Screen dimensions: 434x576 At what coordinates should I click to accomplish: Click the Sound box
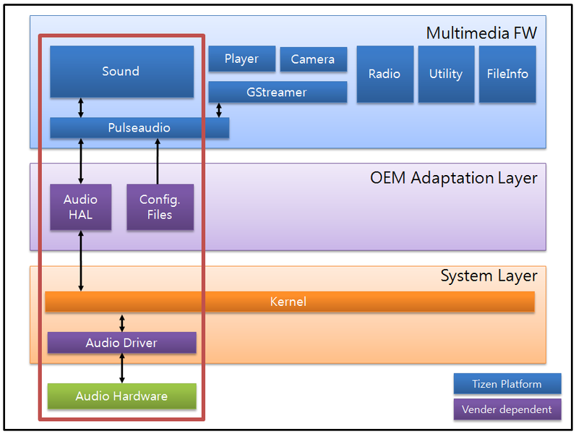121,72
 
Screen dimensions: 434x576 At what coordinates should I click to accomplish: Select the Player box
241,59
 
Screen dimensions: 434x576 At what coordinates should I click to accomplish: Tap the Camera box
313,59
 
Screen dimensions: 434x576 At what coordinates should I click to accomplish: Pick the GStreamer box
278,92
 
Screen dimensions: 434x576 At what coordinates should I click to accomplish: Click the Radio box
384,74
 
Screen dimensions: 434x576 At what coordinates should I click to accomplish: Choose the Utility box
446,74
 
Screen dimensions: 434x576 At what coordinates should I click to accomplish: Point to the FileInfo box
507,74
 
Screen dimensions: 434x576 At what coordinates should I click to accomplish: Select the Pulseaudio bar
139,128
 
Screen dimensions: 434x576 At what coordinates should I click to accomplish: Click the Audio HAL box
80,207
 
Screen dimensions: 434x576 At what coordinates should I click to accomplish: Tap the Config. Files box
160,207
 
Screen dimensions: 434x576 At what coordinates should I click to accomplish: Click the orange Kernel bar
289,302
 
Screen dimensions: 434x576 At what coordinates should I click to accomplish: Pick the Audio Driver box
121,343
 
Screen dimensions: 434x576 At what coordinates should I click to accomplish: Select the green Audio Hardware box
121,396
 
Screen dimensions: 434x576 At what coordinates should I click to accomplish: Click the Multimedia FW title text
481,33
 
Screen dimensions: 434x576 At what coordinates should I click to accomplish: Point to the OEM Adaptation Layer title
454,178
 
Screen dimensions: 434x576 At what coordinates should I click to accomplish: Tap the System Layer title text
489,276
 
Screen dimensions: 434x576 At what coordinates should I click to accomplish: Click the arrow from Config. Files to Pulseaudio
158,161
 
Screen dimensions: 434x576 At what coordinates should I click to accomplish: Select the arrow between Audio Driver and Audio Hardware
121,368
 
